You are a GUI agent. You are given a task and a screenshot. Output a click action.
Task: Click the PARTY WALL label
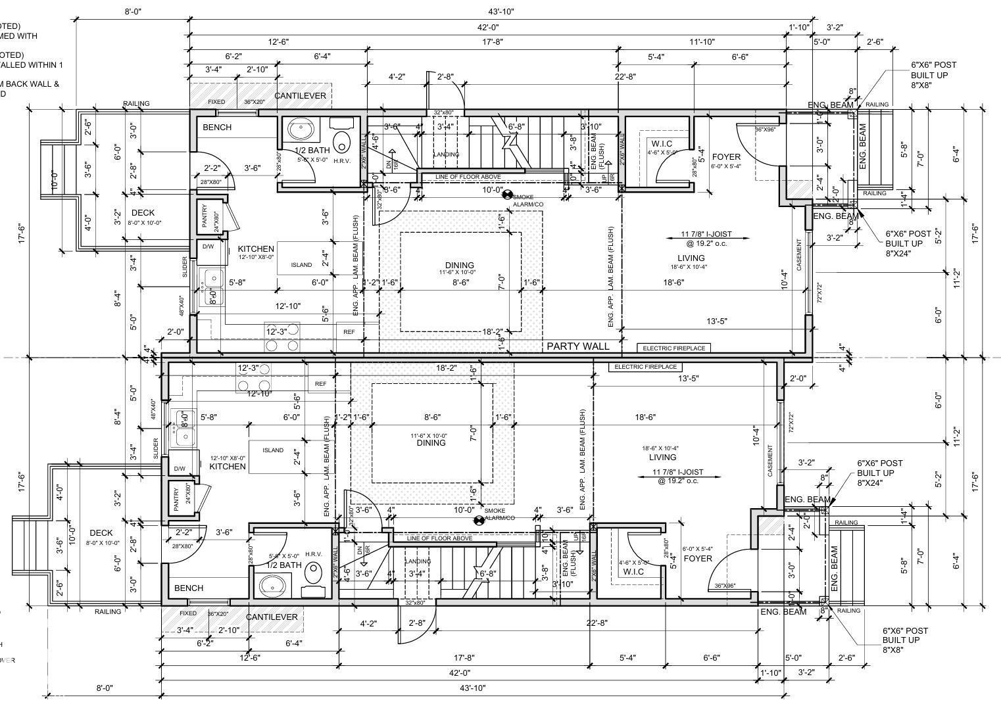point(577,346)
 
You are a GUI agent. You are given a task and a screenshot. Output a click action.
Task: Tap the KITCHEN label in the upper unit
point(256,249)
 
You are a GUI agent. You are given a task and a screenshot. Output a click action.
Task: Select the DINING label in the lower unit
point(431,443)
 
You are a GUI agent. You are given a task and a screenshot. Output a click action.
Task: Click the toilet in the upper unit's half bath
point(342,141)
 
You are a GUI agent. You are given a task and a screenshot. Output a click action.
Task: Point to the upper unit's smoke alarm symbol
point(507,195)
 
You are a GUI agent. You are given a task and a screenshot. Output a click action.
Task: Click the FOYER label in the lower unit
point(697,559)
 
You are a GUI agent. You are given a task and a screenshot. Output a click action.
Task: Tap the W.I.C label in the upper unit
point(661,143)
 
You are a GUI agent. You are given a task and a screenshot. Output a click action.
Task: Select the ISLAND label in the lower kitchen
point(273,450)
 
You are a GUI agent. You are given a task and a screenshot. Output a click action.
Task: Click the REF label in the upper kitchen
point(349,332)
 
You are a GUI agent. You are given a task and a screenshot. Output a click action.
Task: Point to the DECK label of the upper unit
point(143,213)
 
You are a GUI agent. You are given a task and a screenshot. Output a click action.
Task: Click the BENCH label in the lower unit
point(189,588)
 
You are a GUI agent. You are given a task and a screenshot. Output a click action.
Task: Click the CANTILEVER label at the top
point(300,96)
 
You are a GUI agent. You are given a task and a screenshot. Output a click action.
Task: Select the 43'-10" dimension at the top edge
point(500,11)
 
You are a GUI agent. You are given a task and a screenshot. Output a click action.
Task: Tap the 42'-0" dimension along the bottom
point(459,673)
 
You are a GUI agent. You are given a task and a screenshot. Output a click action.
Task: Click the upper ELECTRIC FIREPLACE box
point(673,348)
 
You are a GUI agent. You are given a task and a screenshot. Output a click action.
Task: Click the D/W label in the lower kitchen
point(180,469)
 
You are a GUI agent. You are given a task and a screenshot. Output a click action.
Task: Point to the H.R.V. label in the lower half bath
point(313,554)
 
